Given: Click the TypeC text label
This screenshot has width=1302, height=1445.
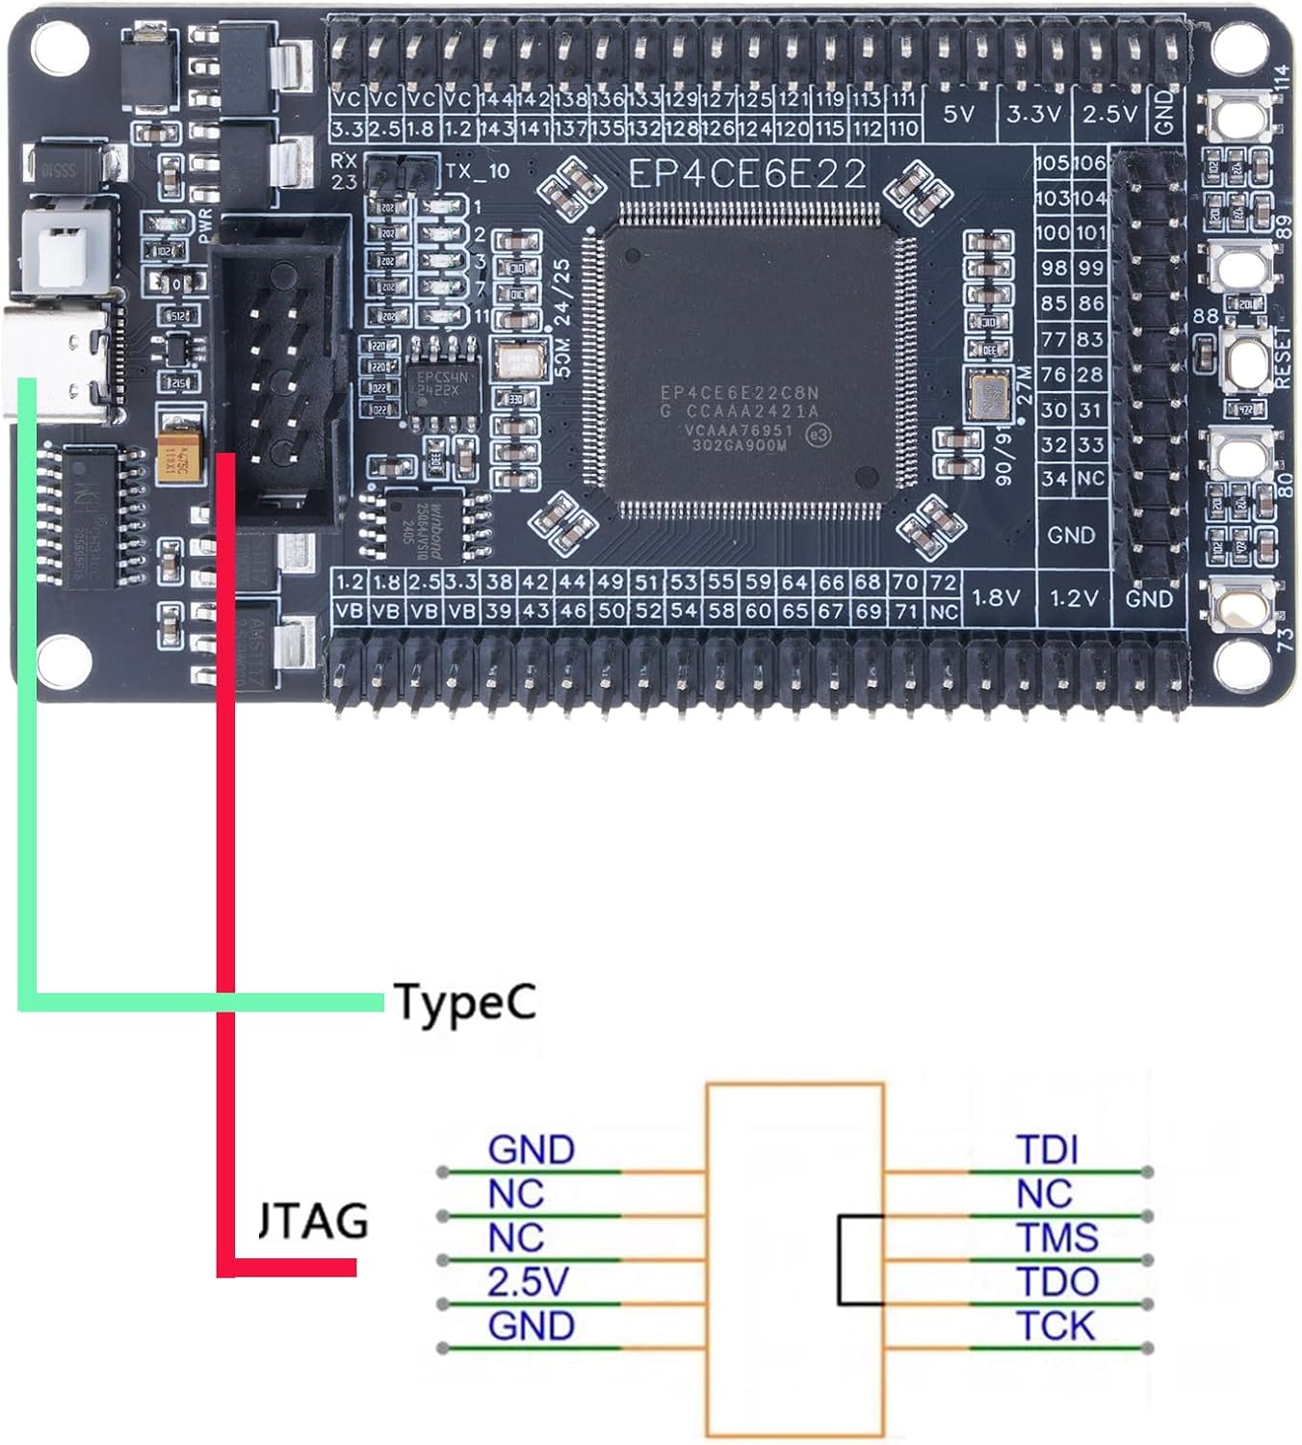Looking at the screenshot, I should pos(463,1003).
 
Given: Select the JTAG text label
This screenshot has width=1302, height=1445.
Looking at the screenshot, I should pos(314,1222).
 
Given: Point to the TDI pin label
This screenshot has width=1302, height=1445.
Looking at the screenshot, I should pos(1047,1149).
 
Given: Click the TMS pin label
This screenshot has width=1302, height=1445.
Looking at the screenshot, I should pos(1057,1238).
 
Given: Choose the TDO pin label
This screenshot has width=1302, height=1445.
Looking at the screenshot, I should pos(1057,1282).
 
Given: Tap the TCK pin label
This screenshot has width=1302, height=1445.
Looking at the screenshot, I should pos(1055,1327).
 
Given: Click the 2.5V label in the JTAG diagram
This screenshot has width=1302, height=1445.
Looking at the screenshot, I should pos(528,1282).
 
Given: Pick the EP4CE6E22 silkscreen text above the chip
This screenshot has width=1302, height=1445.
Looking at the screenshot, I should pos(747,174).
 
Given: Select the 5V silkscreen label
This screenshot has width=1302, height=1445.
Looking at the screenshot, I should pos(958,115).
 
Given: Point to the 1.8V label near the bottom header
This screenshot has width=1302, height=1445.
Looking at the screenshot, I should pos(996,598).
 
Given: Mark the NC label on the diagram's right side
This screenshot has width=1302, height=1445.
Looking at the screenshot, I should pos(1044,1195).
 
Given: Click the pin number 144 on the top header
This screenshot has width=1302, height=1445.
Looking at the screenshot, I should pos(496,98).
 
